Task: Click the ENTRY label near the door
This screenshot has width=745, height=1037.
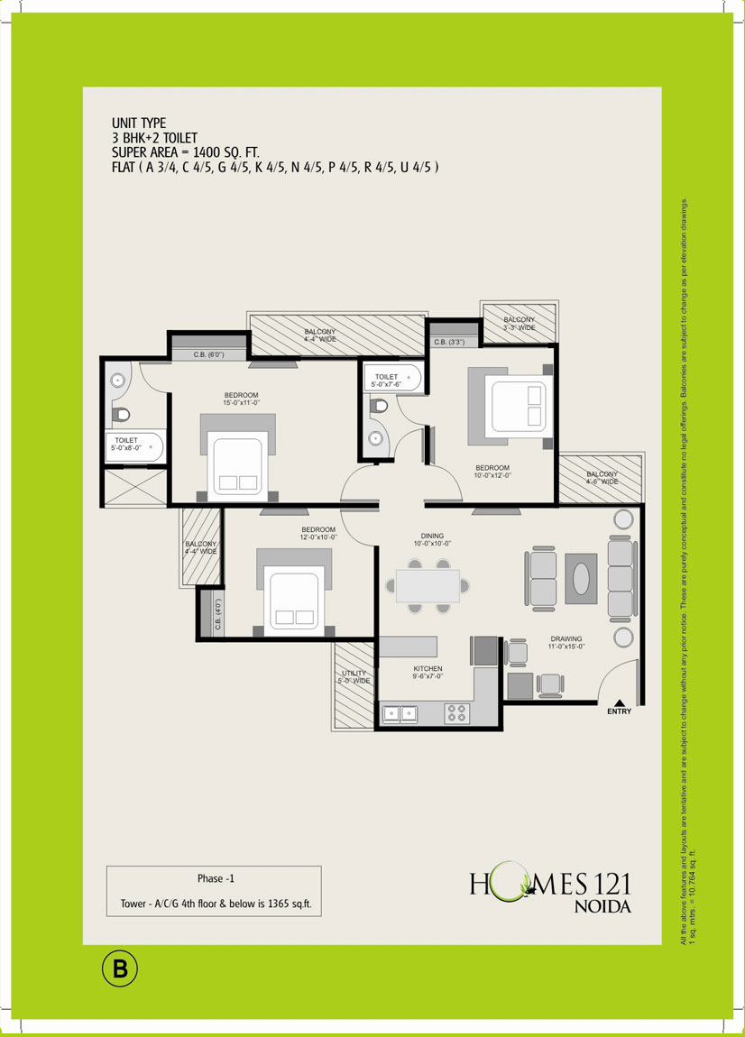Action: (x=620, y=712)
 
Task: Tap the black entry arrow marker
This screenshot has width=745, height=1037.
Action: (x=620, y=701)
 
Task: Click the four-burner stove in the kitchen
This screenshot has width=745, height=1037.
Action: (x=456, y=712)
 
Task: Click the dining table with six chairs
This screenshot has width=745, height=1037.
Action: (x=428, y=585)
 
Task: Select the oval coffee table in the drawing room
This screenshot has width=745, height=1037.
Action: (x=582, y=578)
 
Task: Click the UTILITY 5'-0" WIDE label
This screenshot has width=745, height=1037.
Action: (x=354, y=677)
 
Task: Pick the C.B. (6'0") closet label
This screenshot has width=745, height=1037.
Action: (x=208, y=355)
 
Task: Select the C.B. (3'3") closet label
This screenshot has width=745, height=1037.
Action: (x=448, y=342)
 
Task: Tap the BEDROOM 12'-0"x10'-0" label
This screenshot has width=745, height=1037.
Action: (x=318, y=534)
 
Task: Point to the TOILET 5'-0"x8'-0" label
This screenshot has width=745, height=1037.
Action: (x=126, y=444)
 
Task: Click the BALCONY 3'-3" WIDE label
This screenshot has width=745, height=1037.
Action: (x=519, y=324)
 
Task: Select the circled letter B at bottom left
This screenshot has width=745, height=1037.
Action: (x=119, y=970)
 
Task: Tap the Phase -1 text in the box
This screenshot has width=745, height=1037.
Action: (x=216, y=877)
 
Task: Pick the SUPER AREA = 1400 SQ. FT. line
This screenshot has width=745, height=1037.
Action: (x=186, y=152)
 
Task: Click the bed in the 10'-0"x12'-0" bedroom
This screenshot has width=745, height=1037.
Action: (x=516, y=405)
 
